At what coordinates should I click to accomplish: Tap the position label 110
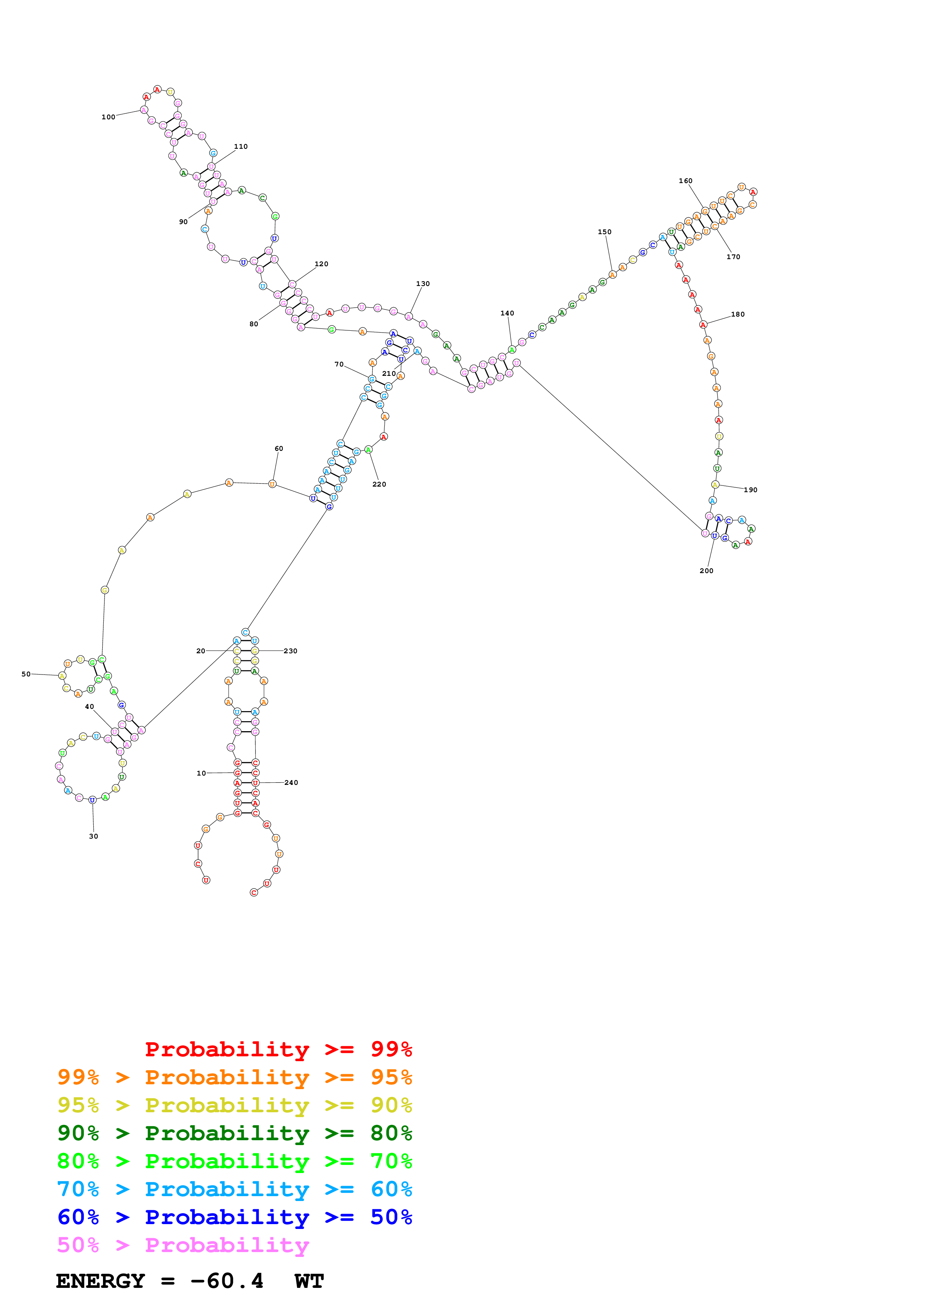point(241,147)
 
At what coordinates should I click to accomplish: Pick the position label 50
point(26,674)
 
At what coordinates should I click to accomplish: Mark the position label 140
point(507,313)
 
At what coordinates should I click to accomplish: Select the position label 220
point(379,484)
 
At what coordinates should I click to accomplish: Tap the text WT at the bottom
point(309,1281)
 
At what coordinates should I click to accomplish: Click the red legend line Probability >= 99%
point(278,1049)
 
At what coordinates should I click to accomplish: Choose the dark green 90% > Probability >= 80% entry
point(234,1133)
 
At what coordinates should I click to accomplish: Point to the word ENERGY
point(100,1281)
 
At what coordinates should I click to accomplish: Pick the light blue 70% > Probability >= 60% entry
point(234,1189)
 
